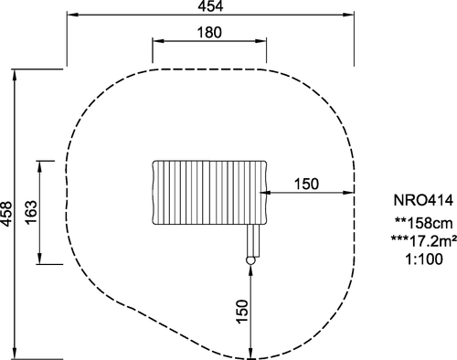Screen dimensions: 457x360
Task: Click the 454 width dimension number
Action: pos(210,6)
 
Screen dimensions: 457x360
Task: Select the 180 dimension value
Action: pos(209,32)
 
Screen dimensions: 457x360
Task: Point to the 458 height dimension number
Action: pos(6,214)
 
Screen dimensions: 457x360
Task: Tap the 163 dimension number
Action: pos(31,213)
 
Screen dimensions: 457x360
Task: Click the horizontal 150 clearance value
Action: pos(306,184)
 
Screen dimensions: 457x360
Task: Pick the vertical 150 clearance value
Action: pos(242,312)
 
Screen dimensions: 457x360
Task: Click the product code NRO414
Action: pos(423,200)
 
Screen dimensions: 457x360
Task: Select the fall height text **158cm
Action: pos(423,223)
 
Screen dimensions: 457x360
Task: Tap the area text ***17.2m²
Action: pos(423,241)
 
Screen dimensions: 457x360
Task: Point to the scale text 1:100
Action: pos(423,259)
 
